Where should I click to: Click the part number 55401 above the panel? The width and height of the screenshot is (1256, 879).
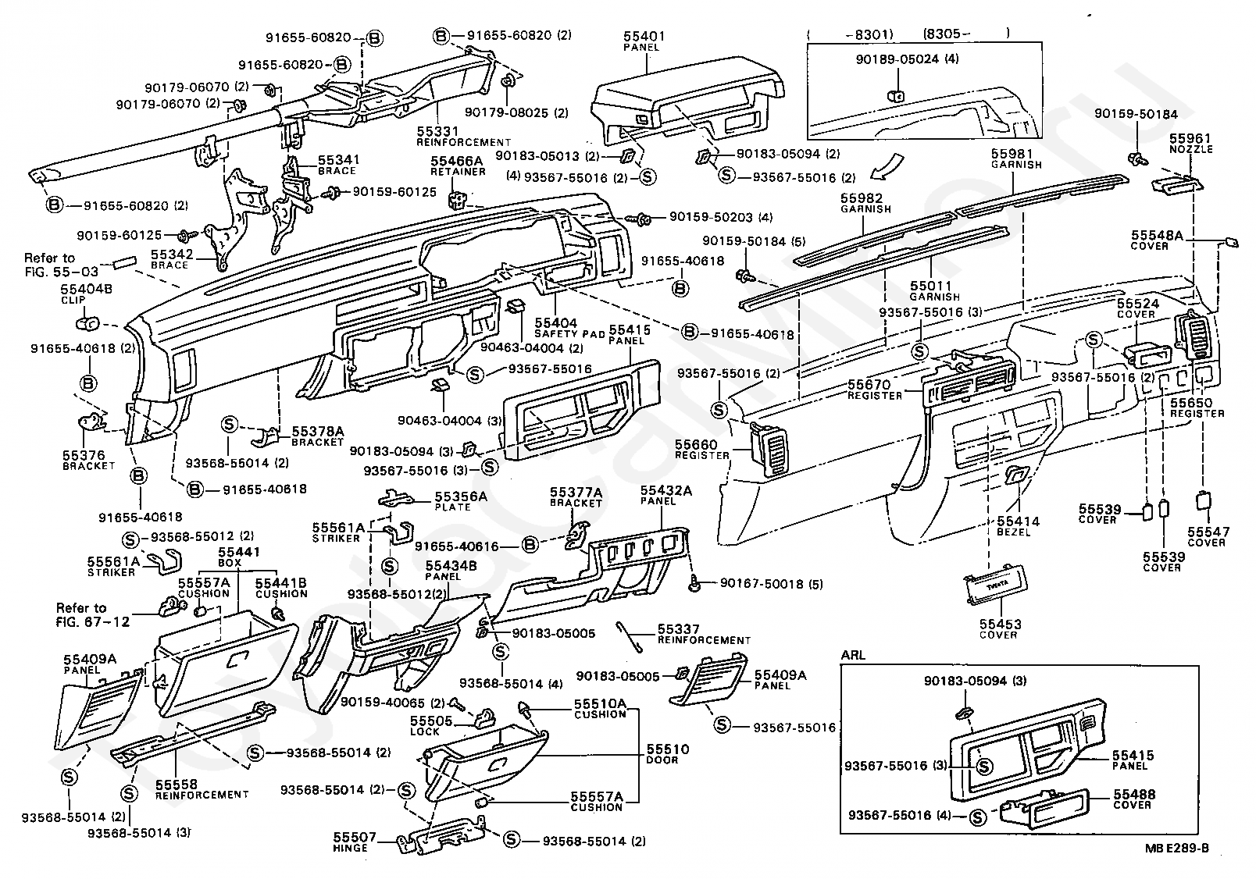(x=644, y=36)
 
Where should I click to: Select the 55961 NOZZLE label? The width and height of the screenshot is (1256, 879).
(x=1191, y=143)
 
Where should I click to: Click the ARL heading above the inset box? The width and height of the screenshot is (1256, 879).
(x=853, y=655)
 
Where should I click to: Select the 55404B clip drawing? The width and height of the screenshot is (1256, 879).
(x=87, y=324)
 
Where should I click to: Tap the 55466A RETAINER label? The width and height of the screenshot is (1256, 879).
(x=457, y=165)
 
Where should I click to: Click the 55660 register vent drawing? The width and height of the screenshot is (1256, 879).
(x=768, y=450)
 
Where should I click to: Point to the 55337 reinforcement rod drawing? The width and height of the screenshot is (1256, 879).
(x=629, y=637)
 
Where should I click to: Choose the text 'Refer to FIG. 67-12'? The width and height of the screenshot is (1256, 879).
(x=92, y=614)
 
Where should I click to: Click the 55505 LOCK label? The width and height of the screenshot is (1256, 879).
(x=430, y=726)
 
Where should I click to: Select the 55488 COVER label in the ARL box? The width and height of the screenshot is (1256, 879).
(x=1134, y=799)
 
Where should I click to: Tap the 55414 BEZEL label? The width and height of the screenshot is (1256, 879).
(x=1018, y=527)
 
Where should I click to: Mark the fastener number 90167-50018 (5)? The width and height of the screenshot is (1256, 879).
(x=772, y=584)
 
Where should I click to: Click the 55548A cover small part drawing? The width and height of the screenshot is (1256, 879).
(x=1231, y=242)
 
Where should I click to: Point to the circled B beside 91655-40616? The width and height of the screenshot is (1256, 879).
(x=530, y=544)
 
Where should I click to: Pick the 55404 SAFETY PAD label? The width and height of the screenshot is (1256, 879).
(x=569, y=328)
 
